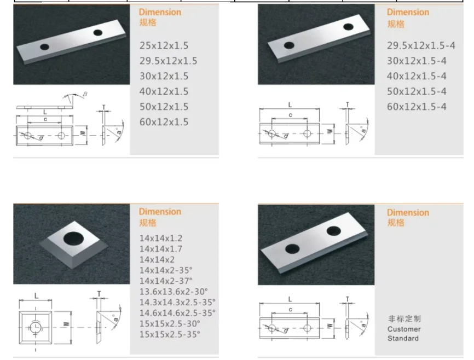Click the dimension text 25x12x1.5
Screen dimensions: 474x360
pos(164,45)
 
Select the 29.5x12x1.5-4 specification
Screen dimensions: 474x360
pos(421,45)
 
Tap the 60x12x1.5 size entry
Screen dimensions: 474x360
pos(164,122)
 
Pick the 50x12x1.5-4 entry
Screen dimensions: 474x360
pos(417,91)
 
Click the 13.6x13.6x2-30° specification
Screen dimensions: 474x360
pos(174,292)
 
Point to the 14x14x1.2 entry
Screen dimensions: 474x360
pos(161,238)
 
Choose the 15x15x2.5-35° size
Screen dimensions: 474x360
pos(170,334)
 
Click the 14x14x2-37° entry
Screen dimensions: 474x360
pos(166,281)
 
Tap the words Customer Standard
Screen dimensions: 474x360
pos(404,334)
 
